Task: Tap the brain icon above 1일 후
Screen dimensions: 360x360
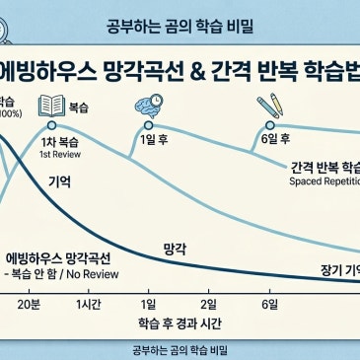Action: point(152,104)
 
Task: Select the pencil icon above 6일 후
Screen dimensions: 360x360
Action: point(269,105)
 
